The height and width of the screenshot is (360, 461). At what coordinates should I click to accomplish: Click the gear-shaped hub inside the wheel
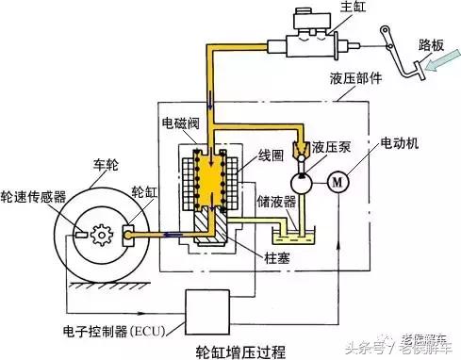click(x=103, y=230)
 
